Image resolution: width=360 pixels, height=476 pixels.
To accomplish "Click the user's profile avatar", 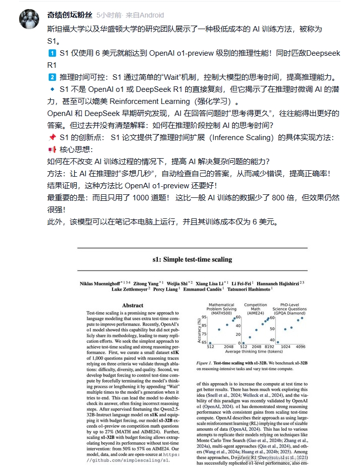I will (x=29, y=19).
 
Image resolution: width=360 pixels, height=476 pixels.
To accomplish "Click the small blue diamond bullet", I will (x=52, y=89).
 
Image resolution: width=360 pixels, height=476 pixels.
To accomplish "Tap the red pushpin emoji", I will (x=52, y=138).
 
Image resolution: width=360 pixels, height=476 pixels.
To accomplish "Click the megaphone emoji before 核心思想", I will (x=52, y=150).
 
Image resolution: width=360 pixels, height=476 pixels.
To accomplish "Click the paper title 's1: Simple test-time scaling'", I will (x=192, y=260).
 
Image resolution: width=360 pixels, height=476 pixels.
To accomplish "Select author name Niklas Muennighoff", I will (x=102, y=284).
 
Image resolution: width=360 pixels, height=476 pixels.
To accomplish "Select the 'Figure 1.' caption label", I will (x=205, y=362).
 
